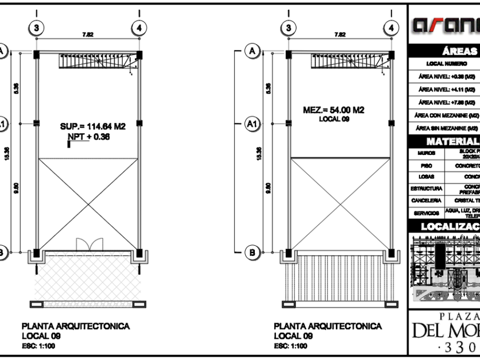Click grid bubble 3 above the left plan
(x=37, y=27)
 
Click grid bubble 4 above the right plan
(x=391, y=27)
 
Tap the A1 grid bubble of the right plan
(x=251, y=123)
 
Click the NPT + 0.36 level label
(x=89, y=137)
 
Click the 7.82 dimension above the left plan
(x=88, y=35)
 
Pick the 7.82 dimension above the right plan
(x=339, y=35)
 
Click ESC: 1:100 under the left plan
(x=39, y=346)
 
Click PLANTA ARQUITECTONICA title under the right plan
(x=327, y=326)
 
